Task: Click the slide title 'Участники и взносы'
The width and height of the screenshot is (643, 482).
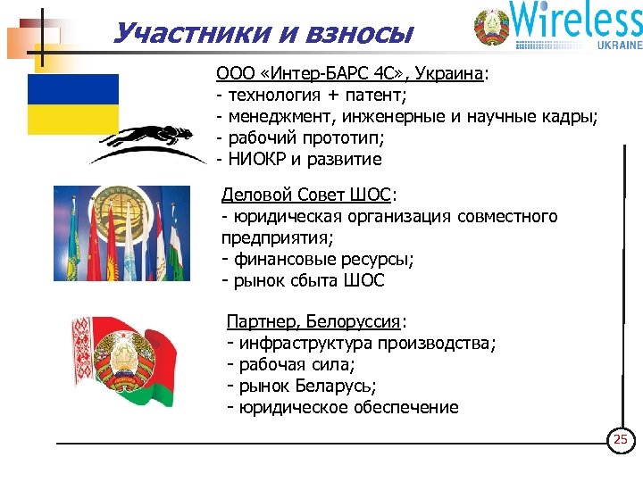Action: point(263,33)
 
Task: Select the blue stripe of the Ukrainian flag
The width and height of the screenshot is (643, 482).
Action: point(72,89)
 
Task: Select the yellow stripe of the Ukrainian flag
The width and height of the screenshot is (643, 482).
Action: point(72,119)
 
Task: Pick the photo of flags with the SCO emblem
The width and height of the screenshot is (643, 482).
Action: point(121,233)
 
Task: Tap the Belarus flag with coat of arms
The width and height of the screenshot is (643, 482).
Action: point(120,362)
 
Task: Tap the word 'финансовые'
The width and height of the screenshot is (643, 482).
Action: point(283,260)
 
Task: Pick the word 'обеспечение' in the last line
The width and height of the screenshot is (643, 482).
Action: point(403,408)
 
